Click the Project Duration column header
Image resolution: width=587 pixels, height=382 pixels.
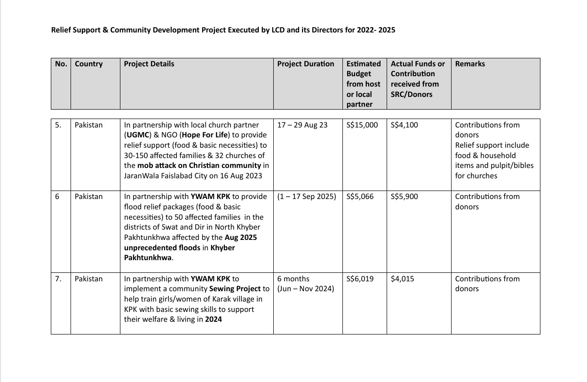(306, 64)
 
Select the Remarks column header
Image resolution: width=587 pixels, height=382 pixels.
(470, 64)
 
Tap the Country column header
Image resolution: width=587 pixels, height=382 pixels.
(88, 64)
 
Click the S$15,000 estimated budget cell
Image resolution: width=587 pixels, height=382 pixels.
(362, 125)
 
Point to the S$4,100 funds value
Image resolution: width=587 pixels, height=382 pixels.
(404, 125)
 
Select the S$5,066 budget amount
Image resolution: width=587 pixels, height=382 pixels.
(360, 197)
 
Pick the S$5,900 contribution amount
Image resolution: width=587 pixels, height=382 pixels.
(404, 197)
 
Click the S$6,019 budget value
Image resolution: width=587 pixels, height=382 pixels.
(360, 279)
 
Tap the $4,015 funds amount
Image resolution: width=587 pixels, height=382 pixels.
(402, 279)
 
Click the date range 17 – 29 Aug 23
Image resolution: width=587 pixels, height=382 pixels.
(302, 125)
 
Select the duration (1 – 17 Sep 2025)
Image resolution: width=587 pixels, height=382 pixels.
(307, 197)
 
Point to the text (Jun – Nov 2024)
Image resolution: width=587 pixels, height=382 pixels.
(306, 289)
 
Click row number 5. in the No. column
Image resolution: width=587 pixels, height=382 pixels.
(58, 125)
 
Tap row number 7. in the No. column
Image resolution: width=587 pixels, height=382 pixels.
(58, 279)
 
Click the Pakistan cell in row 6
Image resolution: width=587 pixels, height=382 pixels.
(88, 197)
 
